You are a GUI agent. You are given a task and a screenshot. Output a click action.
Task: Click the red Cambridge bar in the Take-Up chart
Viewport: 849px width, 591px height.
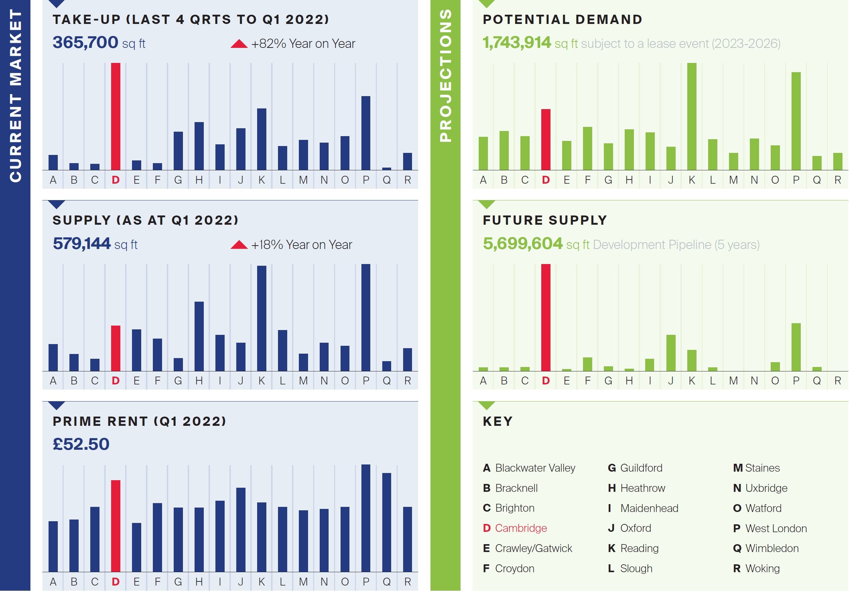click(115, 117)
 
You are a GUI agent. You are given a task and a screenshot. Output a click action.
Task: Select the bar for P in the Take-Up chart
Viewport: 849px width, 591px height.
click(366, 133)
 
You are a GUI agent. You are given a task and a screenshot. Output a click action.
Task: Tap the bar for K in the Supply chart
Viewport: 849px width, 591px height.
click(262, 318)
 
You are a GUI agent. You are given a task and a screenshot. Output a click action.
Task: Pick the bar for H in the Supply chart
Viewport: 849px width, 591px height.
click(199, 336)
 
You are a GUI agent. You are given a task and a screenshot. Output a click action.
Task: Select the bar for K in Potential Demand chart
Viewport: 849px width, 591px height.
click(691, 117)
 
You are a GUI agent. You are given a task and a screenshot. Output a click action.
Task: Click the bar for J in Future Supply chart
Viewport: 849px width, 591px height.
click(671, 353)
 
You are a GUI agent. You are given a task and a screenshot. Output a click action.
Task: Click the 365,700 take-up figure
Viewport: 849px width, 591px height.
click(85, 42)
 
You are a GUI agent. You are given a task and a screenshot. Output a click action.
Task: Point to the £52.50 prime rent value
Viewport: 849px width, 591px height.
click(81, 444)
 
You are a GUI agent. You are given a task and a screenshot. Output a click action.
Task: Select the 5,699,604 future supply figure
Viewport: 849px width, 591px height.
click(522, 244)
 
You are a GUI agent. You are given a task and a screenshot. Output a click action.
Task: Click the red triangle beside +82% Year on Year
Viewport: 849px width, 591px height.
click(239, 44)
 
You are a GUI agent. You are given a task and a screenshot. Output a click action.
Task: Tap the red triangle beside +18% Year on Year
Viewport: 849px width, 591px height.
click(239, 245)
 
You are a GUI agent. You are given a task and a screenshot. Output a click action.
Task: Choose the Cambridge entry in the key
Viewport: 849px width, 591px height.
click(520, 528)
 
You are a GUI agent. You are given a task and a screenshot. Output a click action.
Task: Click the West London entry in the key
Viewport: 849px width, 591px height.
click(775, 528)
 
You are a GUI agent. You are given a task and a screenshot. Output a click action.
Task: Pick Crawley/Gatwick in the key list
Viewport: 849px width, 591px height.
click(533, 548)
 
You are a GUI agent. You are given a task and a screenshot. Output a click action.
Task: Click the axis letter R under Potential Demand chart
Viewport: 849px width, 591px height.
click(837, 180)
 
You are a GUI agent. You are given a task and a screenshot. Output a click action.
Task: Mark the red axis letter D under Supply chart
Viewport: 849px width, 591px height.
click(115, 381)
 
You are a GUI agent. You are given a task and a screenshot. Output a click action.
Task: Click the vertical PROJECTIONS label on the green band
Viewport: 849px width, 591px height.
click(446, 76)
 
